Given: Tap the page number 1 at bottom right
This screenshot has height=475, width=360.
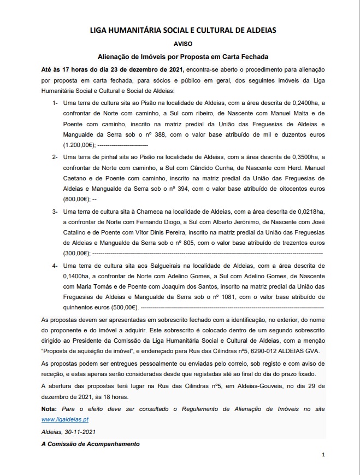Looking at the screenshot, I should point(323,454).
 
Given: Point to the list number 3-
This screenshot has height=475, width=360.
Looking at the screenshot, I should point(55,211).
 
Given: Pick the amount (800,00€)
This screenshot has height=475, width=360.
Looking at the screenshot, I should point(77,198).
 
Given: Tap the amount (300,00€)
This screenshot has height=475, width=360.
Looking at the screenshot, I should point(77,253).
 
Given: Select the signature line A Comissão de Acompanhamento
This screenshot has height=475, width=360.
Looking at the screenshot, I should point(90,444).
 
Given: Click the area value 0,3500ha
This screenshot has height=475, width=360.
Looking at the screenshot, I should point(304,157).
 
